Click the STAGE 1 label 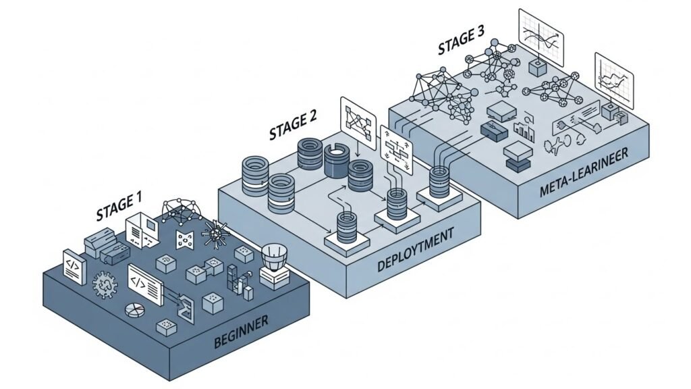pos(119,206)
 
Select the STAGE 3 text pos(462,43)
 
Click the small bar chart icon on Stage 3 pos(523,128)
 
